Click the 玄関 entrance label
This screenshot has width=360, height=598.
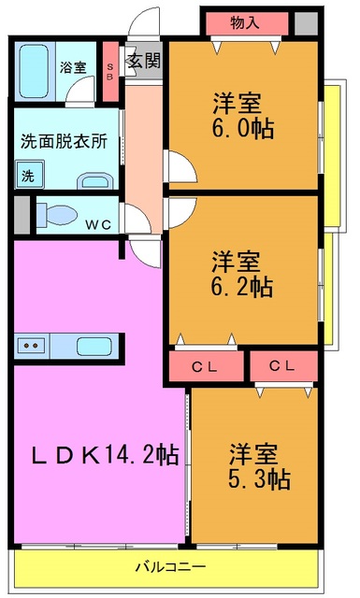click(143, 62)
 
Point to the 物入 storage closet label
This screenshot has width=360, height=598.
click(245, 22)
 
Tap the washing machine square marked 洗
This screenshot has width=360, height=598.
click(28, 174)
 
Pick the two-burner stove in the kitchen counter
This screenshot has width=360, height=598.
click(33, 346)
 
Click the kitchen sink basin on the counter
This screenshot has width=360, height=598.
click(93, 346)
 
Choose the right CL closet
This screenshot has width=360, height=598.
click(283, 365)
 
